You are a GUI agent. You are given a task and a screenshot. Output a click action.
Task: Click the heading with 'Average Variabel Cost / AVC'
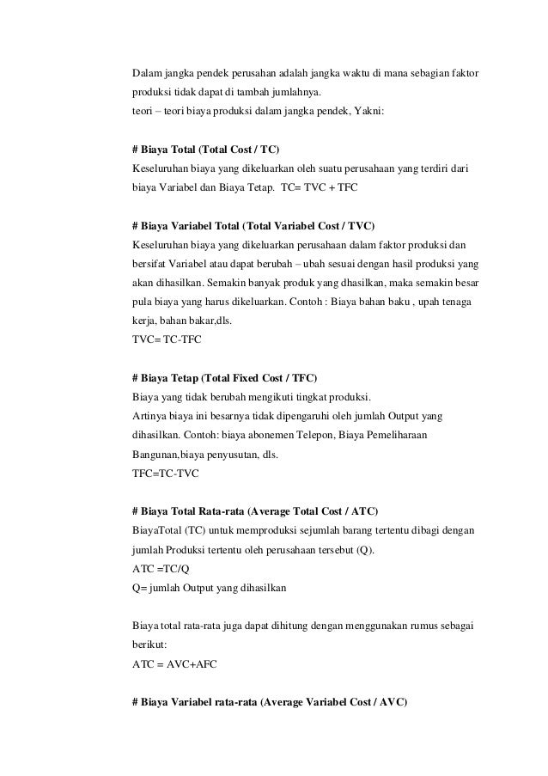coord(270,701)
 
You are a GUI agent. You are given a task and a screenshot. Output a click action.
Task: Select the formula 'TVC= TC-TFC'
coord(165,340)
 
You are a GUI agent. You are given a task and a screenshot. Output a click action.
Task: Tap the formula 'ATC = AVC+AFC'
coord(173,663)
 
